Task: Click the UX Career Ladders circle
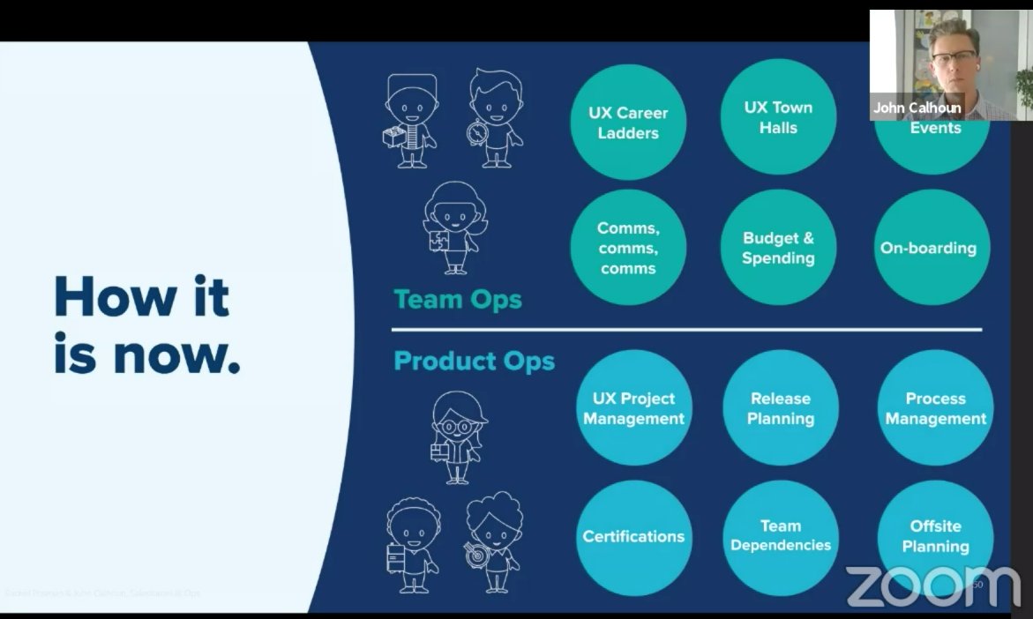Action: (628, 123)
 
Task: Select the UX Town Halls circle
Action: (777, 117)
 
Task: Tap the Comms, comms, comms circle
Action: (628, 248)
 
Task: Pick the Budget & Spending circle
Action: (777, 248)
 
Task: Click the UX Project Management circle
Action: (633, 408)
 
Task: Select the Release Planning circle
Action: (781, 408)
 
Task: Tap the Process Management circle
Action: (935, 408)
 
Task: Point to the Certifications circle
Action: (633, 537)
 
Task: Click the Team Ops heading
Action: (458, 300)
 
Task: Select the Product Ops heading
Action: (474, 362)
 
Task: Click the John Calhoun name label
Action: (917, 108)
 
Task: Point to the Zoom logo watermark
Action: (932, 585)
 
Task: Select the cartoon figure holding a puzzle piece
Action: (453, 227)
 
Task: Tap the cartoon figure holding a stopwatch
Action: (495, 119)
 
